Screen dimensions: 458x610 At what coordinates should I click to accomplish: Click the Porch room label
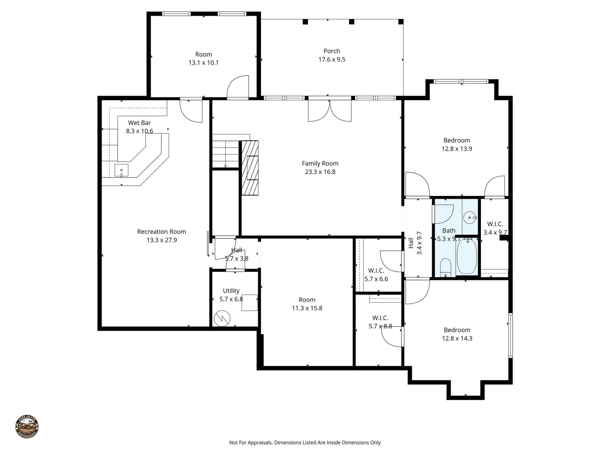tap(332, 51)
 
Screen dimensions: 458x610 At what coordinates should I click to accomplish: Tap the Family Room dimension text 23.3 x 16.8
tap(320, 172)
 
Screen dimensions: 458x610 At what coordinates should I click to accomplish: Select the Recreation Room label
tap(161, 232)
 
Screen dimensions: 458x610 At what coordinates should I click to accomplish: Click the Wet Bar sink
tap(121, 170)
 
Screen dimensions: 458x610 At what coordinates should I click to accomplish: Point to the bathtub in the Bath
tap(467, 256)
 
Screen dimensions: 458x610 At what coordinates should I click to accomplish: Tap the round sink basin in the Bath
tap(469, 218)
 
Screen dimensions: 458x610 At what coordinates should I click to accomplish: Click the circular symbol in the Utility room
tap(222, 318)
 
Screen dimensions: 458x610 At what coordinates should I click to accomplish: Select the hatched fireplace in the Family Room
tap(250, 168)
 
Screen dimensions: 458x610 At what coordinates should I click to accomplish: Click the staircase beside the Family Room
tap(226, 154)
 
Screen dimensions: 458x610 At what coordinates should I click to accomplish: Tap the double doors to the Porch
tap(330, 111)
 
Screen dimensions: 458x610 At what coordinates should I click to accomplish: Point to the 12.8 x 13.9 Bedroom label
tap(457, 141)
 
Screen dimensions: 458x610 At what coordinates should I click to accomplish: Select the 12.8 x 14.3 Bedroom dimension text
tap(457, 338)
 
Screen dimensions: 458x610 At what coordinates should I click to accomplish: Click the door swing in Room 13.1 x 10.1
tap(238, 87)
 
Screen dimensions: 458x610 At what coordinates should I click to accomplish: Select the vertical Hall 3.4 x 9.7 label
tap(415, 243)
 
